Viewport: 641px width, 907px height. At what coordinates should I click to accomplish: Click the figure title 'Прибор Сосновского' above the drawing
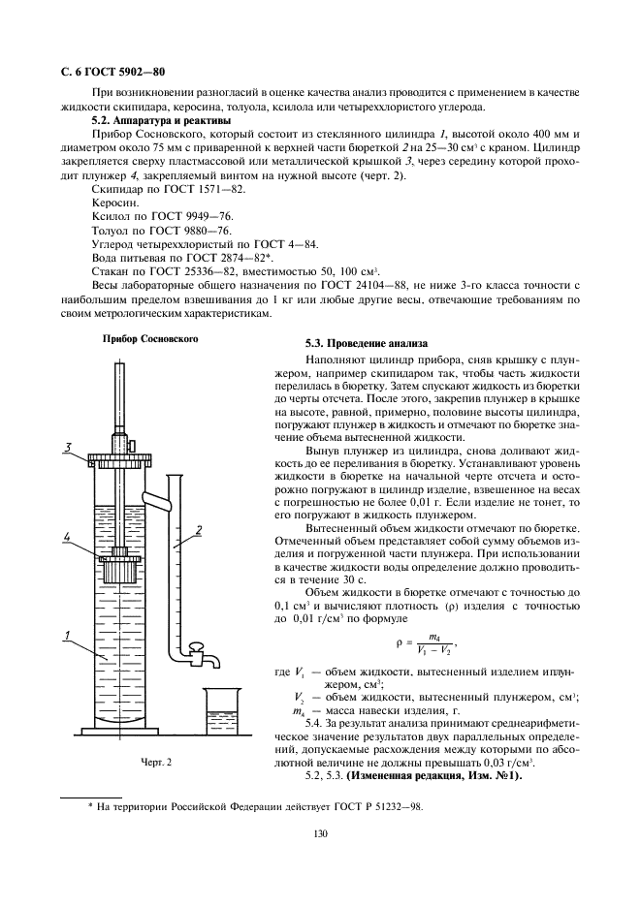(x=150, y=340)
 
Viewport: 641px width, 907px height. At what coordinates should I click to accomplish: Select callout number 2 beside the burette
(x=197, y=529)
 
